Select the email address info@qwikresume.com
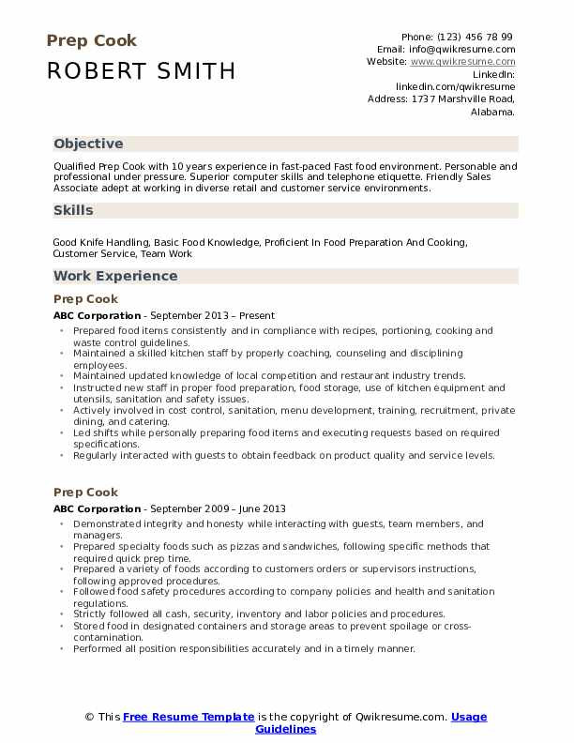[x=460, y=49]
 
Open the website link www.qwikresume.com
[x=462, y=61]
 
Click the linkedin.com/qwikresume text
[x=455, y=85]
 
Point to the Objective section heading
[x=88, y=144]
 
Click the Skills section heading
[x=73, y=210]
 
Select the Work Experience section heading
[x=115, y=276]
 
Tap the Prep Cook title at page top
[x=91, y=40]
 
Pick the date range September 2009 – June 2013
[x=220, y=509]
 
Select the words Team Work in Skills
[x=170, y=253]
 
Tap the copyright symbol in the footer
[x=89, y=718]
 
